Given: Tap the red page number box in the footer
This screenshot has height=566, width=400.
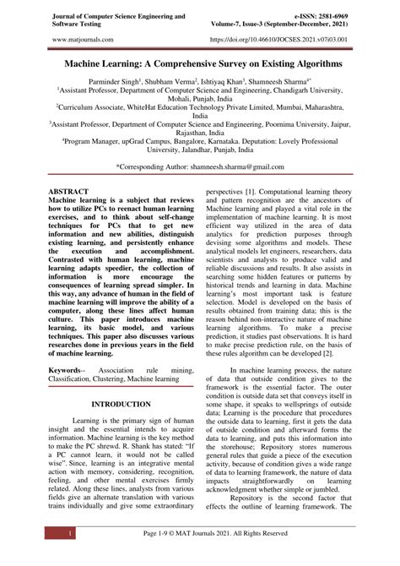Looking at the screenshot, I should click(x=47, y=534).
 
